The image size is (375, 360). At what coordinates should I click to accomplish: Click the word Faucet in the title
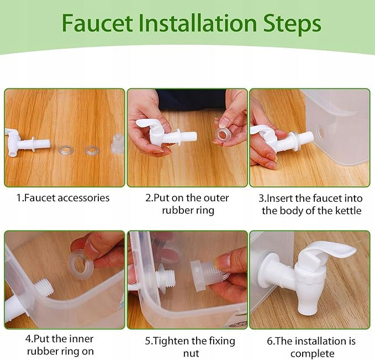[97, 23]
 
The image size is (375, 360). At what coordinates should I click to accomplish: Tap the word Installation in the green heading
[198, 23]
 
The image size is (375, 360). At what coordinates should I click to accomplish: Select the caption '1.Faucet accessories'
[63, 198]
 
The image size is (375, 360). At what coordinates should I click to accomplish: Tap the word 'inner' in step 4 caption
[81, 339]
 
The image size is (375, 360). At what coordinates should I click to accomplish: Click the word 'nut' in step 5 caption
[191, 353]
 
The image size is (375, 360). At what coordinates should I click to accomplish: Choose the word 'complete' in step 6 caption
[313, 354]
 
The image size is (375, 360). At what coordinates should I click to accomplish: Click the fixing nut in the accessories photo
[117, 143]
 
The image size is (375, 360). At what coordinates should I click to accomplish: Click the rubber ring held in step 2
[223, 136]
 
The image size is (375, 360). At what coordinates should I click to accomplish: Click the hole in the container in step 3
[320, 132]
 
